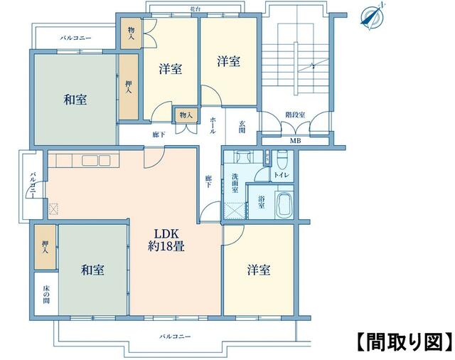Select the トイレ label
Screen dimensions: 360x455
(282, 174)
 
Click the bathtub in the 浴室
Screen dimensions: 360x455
(284, 203)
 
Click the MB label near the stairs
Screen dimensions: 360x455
(294, 141)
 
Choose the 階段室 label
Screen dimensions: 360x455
(295, 114)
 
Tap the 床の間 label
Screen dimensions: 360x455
(45, 293)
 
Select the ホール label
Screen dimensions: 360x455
(213, 126)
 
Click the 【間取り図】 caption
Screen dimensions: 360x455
(403, 341)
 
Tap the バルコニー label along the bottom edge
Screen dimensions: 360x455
(175, 337)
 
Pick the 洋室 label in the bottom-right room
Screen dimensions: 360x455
(258, 270)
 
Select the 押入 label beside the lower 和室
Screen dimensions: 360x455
(45, 247)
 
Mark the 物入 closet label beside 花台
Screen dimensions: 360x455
(131, 33)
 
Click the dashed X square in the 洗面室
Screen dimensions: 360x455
(234, 210)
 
